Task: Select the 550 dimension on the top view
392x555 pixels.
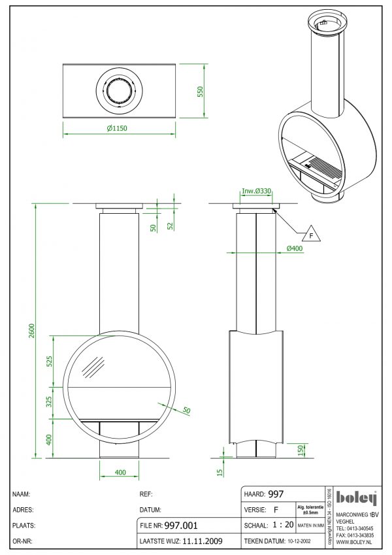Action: pyautogui.click(x=201, y=92)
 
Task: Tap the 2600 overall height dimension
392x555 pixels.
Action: pyautogui.click(x=31, y=331)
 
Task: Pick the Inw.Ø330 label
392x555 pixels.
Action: pyautogui.click(x=257, y=192)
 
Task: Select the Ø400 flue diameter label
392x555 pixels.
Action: pyautogui.click(x=296, y=248)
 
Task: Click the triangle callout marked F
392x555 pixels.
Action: pyautogui.click(x=311, y=234)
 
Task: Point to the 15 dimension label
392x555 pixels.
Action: pyautogui.click(x=220, y=469)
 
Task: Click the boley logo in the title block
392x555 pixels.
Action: pyautogui.click(x=357, y=498)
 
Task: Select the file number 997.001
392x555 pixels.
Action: pyautogui.click(x=180, y=526)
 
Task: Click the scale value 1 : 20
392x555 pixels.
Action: pyautogui.click(x=282, y=525)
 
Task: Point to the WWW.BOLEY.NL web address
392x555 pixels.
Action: pyautogui.click(x=354, y=542)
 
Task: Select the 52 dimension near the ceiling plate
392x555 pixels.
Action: pyautogui.click(x=170, y=226)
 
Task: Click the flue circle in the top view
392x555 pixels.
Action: pyautogui.click(x=118, y=92)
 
